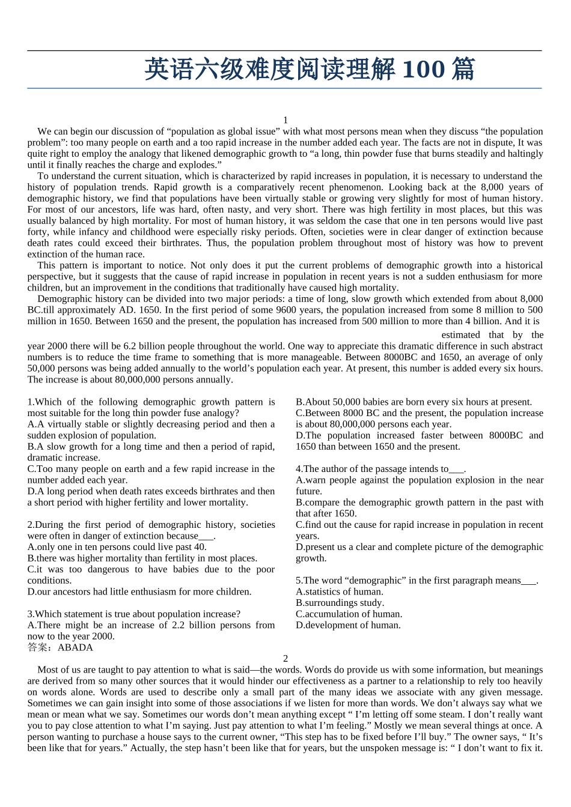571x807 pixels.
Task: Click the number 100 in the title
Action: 423,70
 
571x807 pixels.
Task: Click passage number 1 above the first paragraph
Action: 285,120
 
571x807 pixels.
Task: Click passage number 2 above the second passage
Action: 285,659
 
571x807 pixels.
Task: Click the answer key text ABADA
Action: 75,647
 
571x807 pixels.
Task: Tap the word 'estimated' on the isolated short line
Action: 460,334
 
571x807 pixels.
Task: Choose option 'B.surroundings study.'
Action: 340,603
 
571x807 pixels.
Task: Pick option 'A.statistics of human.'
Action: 340,591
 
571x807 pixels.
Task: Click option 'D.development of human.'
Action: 348,625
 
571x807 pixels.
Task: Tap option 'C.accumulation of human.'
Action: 349,614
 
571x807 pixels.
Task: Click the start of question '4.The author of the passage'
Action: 337,469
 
